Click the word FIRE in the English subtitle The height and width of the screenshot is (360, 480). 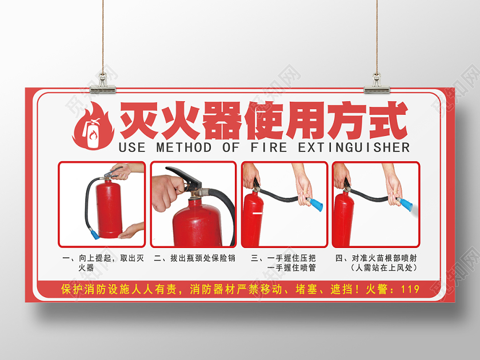(268, 147)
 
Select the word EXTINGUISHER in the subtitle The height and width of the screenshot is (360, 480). (354, 147)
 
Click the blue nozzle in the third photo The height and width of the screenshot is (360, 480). (314, 203)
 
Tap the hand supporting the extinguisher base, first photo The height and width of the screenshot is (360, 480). (129, 231)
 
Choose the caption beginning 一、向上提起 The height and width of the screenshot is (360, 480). (102, 262)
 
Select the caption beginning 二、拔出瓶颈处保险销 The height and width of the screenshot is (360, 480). (194, 258)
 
